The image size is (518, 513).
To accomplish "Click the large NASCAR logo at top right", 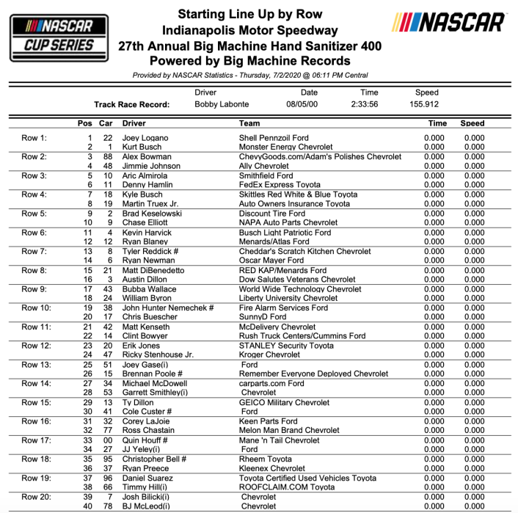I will [x=448, y=24].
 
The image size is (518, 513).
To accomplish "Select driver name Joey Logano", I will [x=145, y=137].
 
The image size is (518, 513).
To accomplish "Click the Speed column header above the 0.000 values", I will [x=473, y=123].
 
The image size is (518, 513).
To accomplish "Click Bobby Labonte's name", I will [x=222, y=104].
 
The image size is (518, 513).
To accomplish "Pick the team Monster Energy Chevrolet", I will [x=285, y=147].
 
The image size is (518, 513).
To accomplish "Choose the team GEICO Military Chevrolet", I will [x=285, y=403].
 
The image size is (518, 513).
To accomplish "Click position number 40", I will [x=87, y=506].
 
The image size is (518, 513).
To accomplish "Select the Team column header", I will [x=249, y=123].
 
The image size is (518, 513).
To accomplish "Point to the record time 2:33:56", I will [x=369, y=104].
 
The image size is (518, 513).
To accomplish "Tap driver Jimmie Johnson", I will [x=151, y=166].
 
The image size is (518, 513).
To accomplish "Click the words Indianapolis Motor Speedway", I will [x=249, y=30].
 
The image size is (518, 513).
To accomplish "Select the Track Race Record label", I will [x=132, y=104].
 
